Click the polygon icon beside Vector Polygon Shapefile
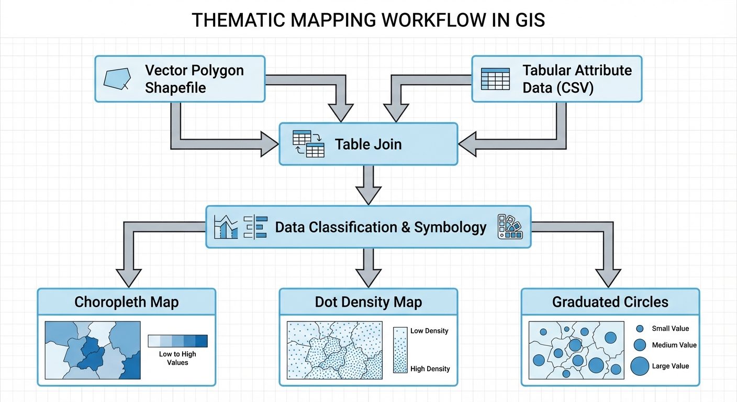(116, 79)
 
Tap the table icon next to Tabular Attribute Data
(495, 79)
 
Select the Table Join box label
(368, 144)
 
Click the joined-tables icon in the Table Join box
(308, 143)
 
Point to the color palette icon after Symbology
(509, 227)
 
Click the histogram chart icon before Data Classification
(226, 227)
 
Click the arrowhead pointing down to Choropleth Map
(128, 276)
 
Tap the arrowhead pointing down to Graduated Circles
(608, 276)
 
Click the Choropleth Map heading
(126, 302)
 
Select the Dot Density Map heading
(368, 302)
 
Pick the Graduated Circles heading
(610, 302)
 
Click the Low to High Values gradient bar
(177, 341)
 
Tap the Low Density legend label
(429, 331)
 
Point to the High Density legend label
(430, 369)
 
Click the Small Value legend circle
(640, 329)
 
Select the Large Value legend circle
(640, 366)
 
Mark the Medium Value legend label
(674, 345)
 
